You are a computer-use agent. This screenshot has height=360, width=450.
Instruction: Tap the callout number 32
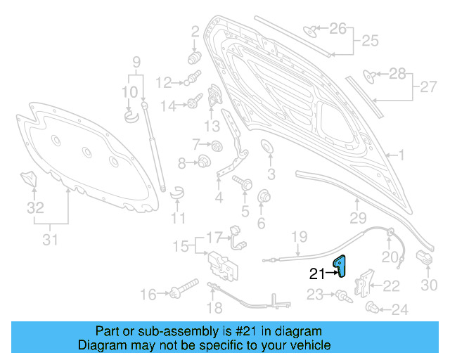click(35, 207)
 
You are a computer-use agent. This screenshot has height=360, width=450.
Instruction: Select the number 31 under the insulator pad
click(49, 240)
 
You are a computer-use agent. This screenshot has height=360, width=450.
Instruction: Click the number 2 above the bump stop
click(195, 30)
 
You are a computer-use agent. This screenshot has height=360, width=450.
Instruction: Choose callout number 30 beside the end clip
click(429, 284)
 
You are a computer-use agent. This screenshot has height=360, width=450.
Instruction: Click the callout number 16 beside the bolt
click(148, 294)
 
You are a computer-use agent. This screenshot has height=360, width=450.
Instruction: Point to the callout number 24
click(399, 309)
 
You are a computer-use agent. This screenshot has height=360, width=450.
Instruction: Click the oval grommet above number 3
click(268, 148)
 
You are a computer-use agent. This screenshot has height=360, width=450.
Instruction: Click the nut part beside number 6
click(266, 195)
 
